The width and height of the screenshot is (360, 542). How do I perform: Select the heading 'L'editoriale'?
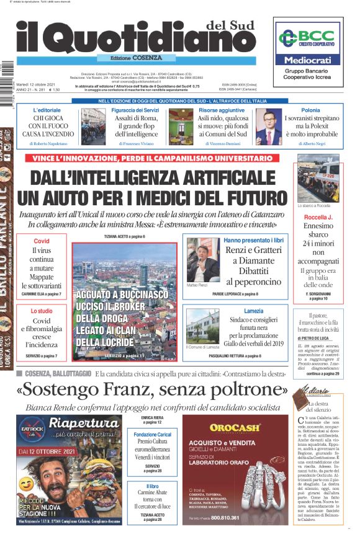pyautogui.click(x=47, y=110)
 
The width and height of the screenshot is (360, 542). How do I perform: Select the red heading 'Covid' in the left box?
pyautogui.click(x=41, y=241)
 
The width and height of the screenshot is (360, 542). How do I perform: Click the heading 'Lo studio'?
pyautogui.click(x=41, y=311)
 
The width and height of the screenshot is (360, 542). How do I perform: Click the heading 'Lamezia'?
pyautogui.click(x=253, y=311)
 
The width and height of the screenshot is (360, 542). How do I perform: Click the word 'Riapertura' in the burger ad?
pyautogui.click(x=84, y=424)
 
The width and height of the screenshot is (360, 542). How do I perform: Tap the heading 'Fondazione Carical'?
pyautogui.click(x=153, y=434)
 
